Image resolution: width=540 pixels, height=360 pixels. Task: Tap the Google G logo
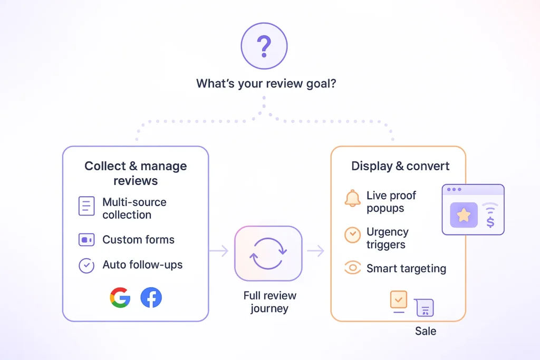click(120, 298)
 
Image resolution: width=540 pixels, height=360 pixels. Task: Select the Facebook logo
click(151, 298)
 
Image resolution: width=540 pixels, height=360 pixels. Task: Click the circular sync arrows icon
click(268, 254)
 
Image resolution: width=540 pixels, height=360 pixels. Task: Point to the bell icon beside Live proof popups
click(352, 199)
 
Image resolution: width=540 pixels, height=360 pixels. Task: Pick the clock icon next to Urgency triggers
click(352, 235)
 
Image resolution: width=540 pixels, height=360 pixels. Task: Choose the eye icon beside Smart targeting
click(352, 268)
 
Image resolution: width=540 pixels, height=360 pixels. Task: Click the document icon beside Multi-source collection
click(86, 206)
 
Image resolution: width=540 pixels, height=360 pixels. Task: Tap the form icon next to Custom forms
click(86, 240)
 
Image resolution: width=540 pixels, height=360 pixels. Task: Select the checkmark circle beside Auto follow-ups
click(86, 265)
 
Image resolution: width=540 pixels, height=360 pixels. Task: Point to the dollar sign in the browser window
click(490, 222)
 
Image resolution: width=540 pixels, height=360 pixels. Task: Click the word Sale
click(426, 332)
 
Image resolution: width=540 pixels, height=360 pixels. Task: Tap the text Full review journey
click(269, 302)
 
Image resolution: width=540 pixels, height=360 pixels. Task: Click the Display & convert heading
click(400, 166)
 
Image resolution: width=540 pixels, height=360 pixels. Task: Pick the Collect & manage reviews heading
click(136, 173)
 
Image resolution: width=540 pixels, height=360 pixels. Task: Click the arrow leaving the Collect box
click(219, 251)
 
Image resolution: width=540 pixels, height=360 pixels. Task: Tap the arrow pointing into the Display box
click(316, 251)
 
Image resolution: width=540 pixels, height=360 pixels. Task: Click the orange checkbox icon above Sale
click(399, 300)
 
